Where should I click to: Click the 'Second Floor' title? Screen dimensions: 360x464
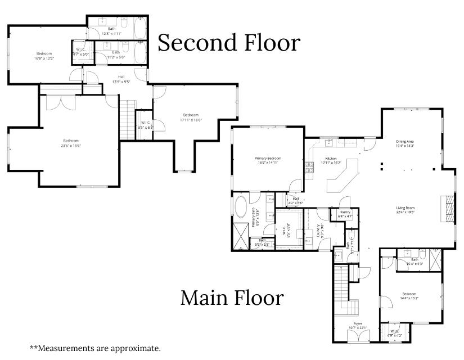[229, 43]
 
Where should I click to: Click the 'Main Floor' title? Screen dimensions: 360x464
[232, 298]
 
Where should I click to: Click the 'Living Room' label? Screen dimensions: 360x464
[405, 208]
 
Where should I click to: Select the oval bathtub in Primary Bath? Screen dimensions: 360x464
[241, 208]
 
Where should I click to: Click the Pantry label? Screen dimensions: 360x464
[345, 212]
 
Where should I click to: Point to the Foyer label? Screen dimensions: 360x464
[357, 324]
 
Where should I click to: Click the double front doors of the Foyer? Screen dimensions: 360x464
[357, 336]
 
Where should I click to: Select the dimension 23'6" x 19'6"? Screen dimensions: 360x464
[71, 145]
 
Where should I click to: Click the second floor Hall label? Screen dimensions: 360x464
[121, 77]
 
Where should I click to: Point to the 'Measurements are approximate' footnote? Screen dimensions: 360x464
[95, 348]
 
